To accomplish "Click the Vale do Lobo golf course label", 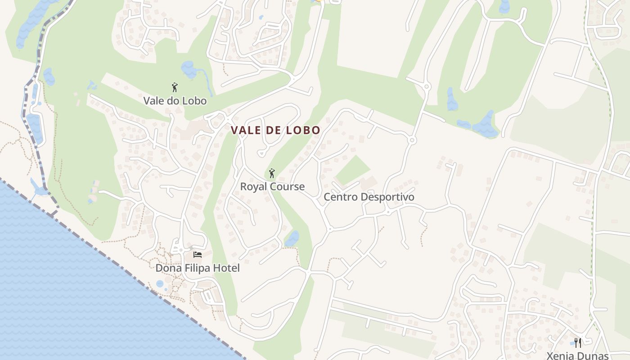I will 175,101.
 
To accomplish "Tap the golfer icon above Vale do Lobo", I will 175,87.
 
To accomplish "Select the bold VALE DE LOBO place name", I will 275,130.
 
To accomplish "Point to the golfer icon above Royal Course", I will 271,173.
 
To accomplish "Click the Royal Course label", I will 272,187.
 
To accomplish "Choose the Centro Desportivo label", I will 369,197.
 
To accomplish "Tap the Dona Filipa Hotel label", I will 198,268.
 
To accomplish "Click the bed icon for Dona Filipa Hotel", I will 197,255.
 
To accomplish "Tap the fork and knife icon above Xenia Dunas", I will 578,343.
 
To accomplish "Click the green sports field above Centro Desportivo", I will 353,171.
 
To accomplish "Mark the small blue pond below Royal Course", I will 292,238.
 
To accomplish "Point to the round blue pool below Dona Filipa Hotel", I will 160,284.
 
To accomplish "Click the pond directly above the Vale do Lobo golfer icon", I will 189,69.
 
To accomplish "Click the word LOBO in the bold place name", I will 304,130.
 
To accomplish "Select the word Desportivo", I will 387,197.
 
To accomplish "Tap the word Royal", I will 252,187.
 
